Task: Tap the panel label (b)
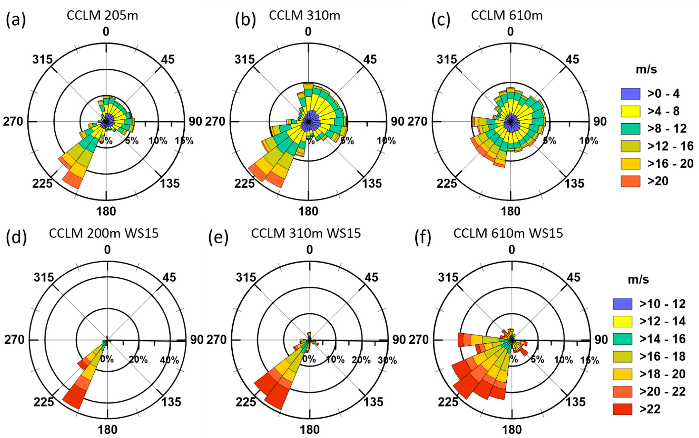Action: point(245,21)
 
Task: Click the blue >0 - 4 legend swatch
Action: point(630,94)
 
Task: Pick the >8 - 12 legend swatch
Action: point(630,129)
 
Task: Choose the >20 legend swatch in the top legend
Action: point(630,181)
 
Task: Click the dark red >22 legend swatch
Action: point(622,409)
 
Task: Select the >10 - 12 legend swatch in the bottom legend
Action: point(622,304)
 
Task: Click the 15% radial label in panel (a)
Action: point(184,141)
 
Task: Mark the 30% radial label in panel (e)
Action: point(387,360)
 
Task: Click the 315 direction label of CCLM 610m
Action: point(446,60)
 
